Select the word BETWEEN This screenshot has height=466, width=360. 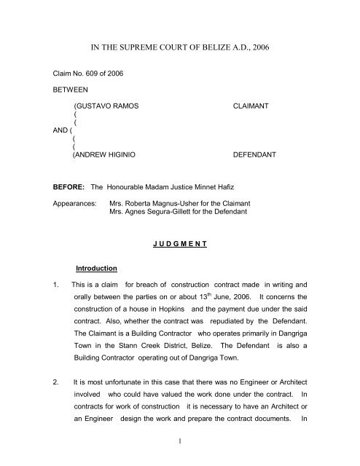coord(55,92)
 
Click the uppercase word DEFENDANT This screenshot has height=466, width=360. coord(256,156)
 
